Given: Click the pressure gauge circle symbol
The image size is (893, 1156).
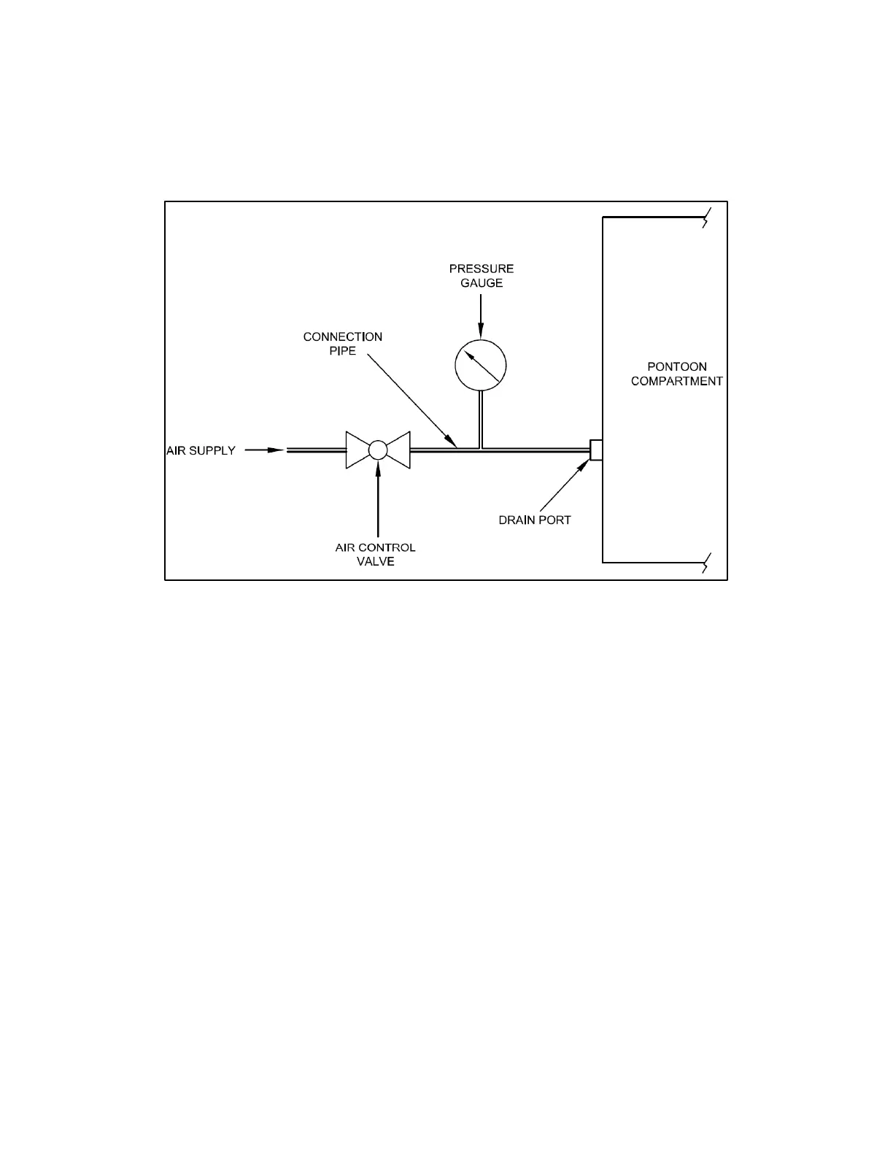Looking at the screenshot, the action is pos(480,365).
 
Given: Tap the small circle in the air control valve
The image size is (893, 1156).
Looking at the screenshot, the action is pos(378,450).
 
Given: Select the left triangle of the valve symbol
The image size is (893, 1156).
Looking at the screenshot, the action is pos(357,450).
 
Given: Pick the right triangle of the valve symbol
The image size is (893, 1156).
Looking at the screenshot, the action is pos(399,450).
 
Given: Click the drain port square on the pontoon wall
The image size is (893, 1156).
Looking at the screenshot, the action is pos(596,450).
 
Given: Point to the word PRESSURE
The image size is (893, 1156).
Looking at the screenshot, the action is pos(482,269).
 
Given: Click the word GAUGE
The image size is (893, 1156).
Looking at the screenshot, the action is pos(482,283).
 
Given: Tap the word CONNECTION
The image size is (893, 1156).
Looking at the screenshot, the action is pos(342,337).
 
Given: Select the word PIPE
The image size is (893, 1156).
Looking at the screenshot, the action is pos(342,351).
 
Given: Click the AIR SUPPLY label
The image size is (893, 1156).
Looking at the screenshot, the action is pos(201,451).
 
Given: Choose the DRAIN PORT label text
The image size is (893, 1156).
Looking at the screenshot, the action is pos(535,520).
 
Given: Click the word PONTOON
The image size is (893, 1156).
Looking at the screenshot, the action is pos(677,367).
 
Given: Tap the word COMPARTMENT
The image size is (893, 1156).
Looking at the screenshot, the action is pos(677,382).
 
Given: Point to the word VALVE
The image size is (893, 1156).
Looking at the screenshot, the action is pos(375,562).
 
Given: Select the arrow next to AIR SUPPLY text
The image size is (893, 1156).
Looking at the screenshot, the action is pos(264,450).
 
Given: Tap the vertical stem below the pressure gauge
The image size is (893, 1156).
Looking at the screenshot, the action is pos(480,419).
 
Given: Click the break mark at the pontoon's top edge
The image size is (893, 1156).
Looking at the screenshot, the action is pos(705,218).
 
